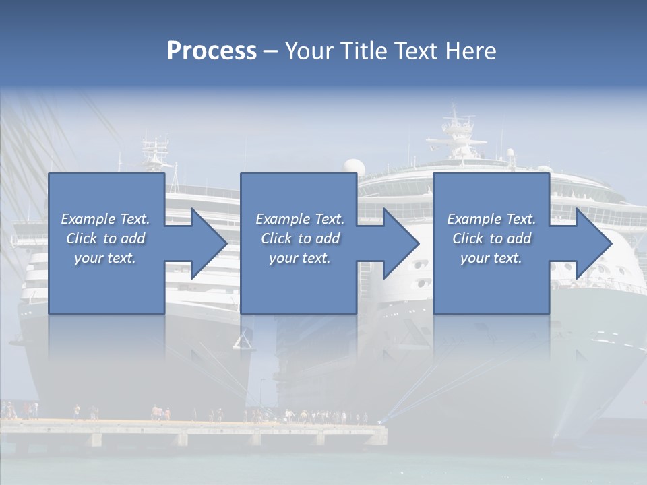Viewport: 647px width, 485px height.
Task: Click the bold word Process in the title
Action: tap(212, 51)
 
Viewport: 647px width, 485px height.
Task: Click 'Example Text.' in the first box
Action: tap(105, 219)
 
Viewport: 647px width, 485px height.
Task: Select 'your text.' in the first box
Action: tap(105, 258)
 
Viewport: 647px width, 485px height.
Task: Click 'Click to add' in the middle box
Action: tap(300, 238)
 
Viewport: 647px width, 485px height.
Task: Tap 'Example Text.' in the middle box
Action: tap(300, 219)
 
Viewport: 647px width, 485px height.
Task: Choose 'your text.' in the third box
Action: tap(491, 258)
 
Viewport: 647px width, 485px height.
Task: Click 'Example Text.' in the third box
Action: tap(491, 219)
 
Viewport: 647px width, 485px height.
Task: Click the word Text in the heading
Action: tap(416, 51)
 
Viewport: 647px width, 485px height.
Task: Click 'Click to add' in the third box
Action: tap(491, 238)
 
